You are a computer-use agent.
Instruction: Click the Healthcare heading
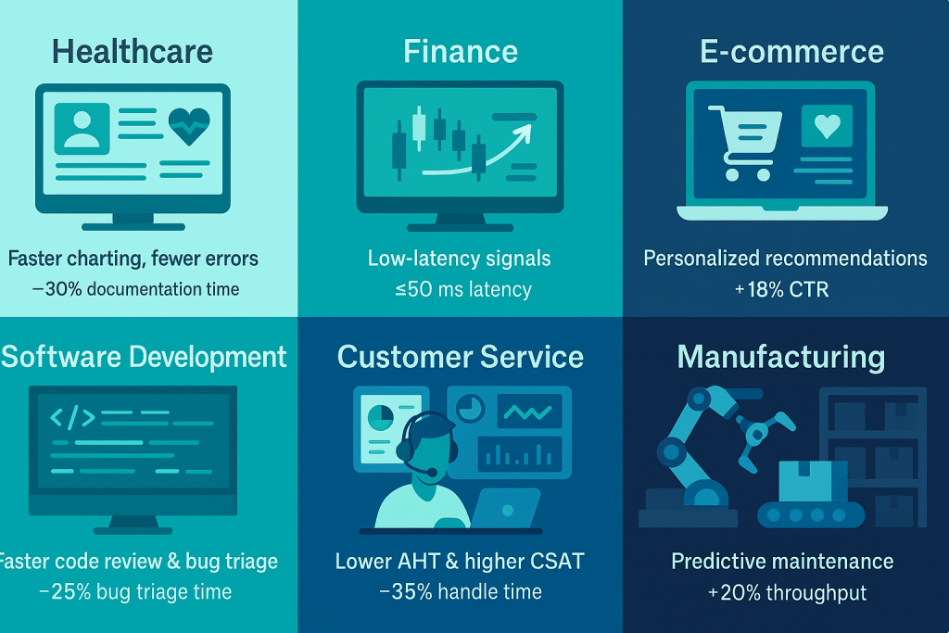click(132, 52)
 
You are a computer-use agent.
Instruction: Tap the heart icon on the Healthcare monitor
click(189, 126)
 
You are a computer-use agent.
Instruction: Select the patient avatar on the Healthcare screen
click(82, 128)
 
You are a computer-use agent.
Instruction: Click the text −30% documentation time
click(135, 289)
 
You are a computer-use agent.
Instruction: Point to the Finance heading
click(461, 52)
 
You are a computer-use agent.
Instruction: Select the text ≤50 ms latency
click(463, 289)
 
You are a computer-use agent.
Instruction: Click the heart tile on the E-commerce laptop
click(827, 126)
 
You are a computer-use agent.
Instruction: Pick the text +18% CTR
click(781, 290)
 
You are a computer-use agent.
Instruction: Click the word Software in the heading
click(61, 357)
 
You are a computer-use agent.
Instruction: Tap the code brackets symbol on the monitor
click(72, 418)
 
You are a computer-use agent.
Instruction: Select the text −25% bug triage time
click(135, 592)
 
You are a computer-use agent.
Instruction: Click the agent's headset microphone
click(431, 472)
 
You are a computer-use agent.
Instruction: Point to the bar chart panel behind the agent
click(520, 453)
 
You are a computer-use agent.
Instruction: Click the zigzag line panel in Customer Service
click(529, 411)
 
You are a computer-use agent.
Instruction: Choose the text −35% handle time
click(461, 592)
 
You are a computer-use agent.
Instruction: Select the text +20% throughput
click(788, 593)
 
